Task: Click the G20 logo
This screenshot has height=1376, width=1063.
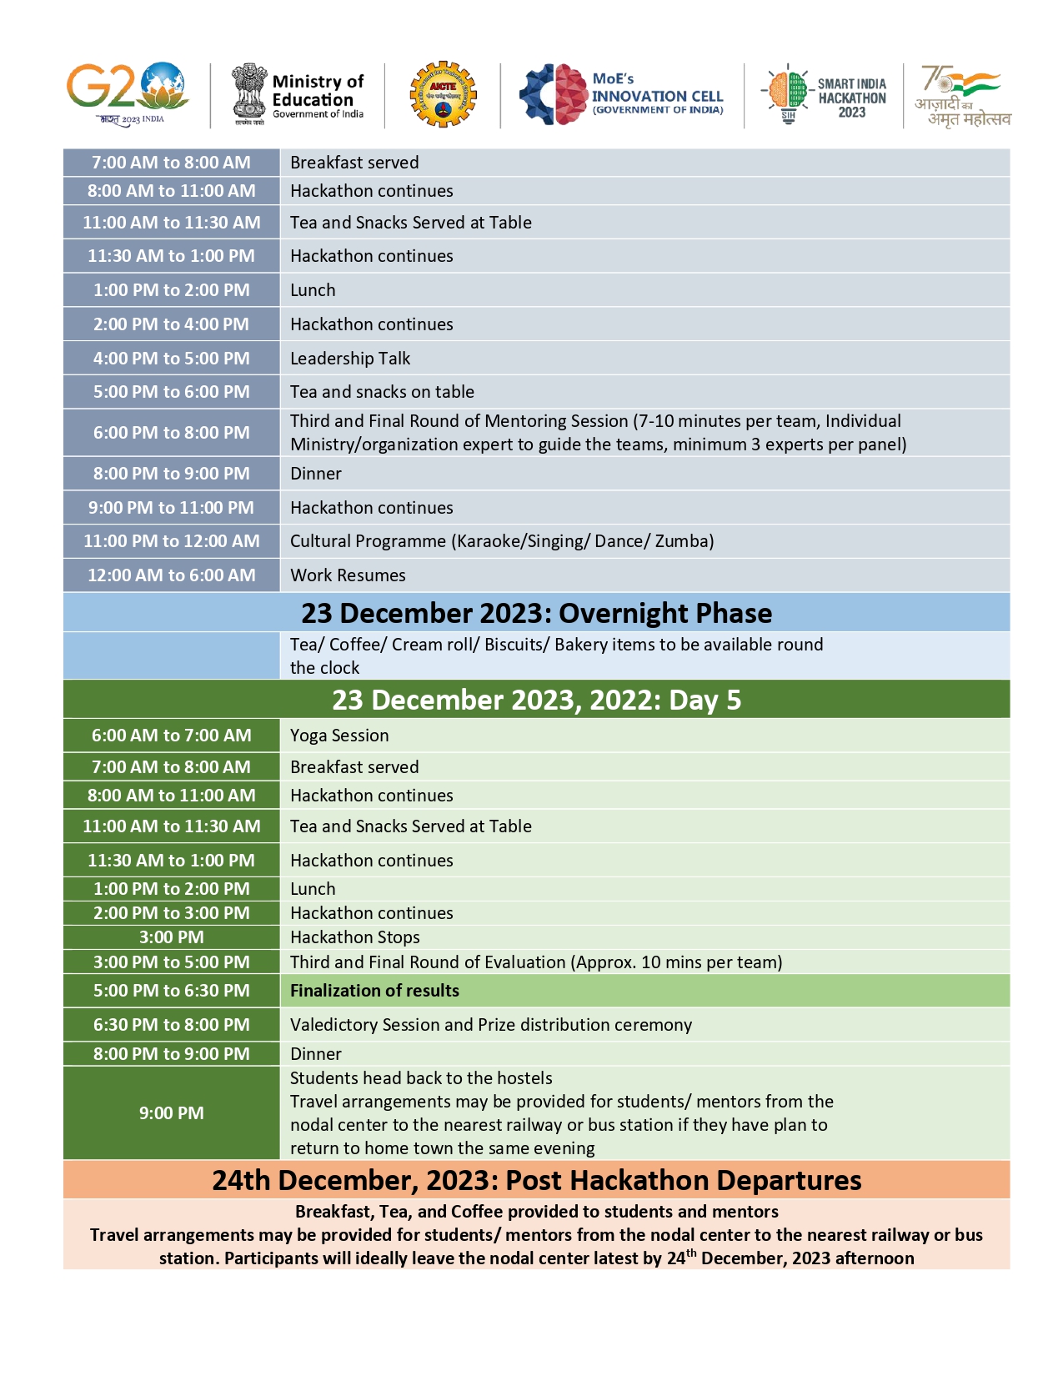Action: [x=127, y=93]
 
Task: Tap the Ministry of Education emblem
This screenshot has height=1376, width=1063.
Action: [x=248, y=93]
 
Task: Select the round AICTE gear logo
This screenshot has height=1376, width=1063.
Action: [x=443, y=93]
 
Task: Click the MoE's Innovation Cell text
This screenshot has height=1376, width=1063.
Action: [x=657, y=93]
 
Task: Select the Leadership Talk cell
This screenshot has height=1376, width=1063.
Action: [x=350, y=359]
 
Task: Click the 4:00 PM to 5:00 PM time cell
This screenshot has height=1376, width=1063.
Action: [x=171, y=359]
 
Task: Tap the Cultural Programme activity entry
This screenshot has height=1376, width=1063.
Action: [x=501, y=541]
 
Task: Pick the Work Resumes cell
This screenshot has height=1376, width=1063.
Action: [x=348, y=575]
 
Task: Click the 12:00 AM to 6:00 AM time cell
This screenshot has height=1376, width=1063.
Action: [x=171, y=575]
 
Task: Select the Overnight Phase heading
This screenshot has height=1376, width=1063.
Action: [x=536, y=613]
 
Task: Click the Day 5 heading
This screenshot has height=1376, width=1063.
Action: [x=536, y=700]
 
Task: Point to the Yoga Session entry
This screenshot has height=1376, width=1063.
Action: [x=339, y=736]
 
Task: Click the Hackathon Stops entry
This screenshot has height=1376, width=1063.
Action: [x=354, y=937]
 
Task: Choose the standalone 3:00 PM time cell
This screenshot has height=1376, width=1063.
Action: [x=171, y=937]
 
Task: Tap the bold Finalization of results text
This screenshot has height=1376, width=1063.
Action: [x=374, y=991]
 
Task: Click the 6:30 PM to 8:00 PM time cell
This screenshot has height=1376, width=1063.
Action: [x=171, y=1025]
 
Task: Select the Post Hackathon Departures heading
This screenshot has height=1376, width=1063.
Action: [x=536, y=1180]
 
